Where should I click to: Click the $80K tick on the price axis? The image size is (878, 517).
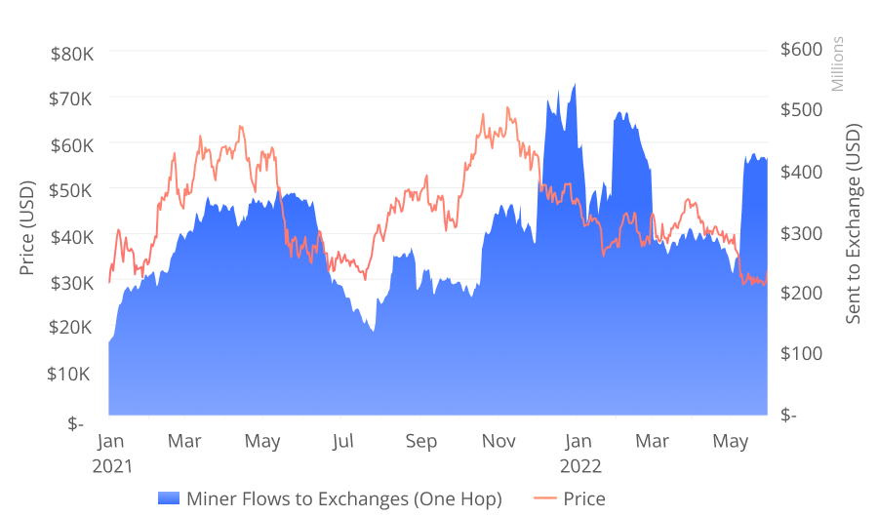71,53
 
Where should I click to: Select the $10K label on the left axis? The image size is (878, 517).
71,375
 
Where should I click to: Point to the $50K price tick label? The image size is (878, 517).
71,190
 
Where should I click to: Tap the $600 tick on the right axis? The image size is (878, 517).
802,49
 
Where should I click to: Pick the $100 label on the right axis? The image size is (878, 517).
802,353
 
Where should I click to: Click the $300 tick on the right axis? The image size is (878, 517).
802,232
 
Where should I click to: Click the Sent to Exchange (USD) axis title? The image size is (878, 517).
854,223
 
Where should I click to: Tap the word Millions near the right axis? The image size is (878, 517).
837,64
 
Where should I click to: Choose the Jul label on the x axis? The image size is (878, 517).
341,442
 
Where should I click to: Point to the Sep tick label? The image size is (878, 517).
420,442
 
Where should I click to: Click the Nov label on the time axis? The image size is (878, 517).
499,442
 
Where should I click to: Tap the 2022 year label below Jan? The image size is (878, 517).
579,466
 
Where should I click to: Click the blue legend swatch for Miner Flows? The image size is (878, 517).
168,499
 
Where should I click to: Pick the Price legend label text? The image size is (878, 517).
584,499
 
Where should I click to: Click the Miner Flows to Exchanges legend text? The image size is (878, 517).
343,499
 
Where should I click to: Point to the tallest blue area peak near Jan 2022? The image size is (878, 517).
575,86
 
